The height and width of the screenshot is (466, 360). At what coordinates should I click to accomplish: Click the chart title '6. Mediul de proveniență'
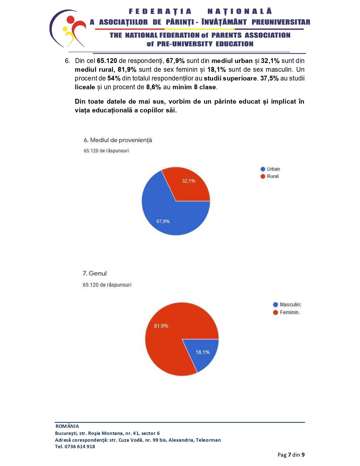point(118,140)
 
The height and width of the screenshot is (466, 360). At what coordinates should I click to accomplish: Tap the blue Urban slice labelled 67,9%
point(167,217)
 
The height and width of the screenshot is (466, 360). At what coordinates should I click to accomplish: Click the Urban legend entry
point(270,169)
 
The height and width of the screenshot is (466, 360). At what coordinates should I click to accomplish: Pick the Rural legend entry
point(269,176)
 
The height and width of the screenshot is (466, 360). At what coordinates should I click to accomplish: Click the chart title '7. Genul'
point(95,273)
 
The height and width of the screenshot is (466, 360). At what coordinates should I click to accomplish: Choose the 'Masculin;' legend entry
point(287,305)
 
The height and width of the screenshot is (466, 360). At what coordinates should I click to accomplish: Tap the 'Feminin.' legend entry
point(286,312)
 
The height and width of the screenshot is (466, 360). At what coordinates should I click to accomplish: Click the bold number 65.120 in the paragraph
point(107,61)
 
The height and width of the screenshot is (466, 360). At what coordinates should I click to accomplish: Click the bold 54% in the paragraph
point(114,78)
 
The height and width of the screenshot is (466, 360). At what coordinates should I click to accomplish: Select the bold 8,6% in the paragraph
point(153,87)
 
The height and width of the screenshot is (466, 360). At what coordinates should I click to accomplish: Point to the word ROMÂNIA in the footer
point(67,426)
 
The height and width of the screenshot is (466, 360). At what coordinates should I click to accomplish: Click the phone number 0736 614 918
point(80,447)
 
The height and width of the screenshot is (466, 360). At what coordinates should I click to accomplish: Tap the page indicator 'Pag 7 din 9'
point(291,455)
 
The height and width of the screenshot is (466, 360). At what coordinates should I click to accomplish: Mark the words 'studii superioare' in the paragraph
point(230,78)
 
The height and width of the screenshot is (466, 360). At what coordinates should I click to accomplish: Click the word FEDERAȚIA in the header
point(160,11)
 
